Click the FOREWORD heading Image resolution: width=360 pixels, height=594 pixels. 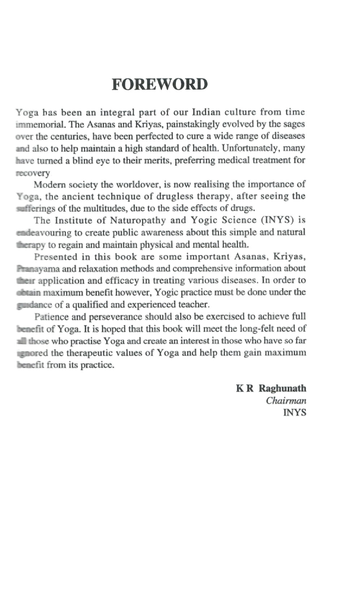tap(160, 85)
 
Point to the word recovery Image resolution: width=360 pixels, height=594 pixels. tap(33, 173)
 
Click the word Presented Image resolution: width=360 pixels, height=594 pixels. tap(56, 257)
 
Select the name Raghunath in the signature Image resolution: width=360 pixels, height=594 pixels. tap(282, 388)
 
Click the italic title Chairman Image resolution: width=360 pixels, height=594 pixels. tap(286, 401)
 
